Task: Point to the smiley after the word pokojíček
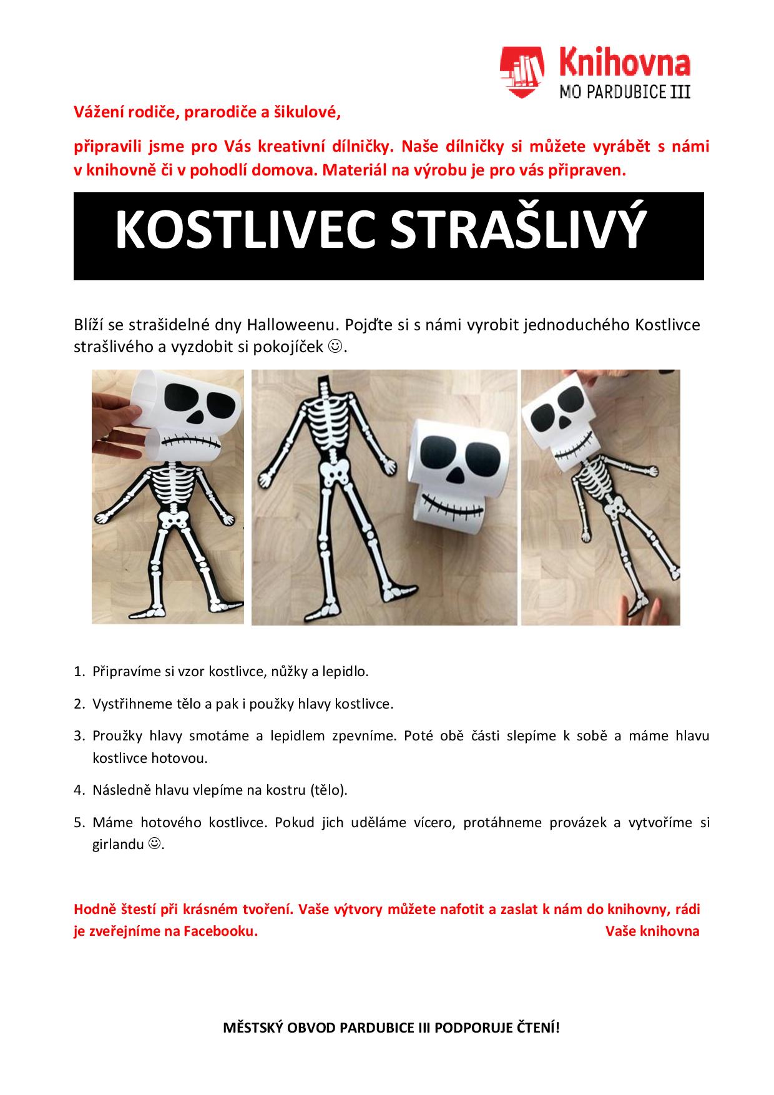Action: coord(335,346)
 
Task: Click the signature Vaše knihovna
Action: coord(652,931)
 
